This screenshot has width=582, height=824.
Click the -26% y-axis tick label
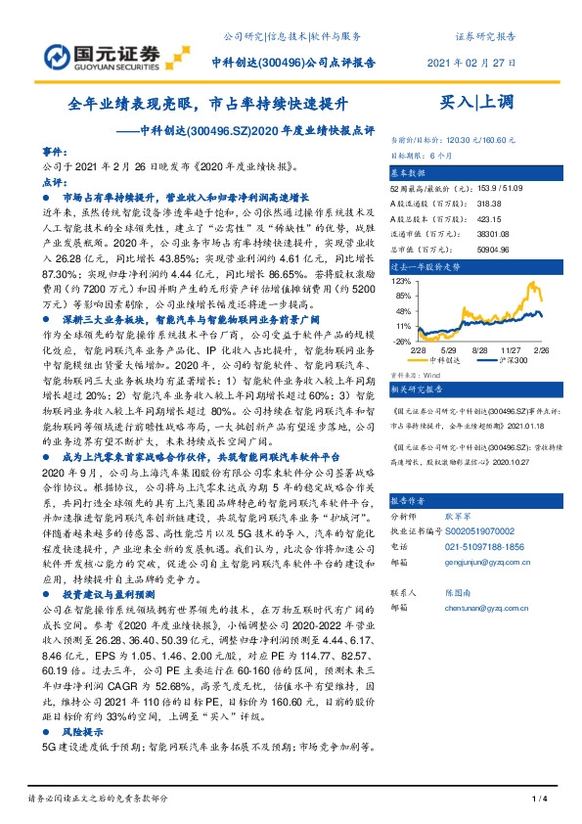pyautogui.click(x=402, y=342)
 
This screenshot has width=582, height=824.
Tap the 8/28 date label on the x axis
pyautogui.click(x=479, y=349)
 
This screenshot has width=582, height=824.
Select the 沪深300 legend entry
pyautogui.click(x=509, y=361)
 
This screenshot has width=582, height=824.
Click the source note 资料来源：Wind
pyautogui.click(x=416, y=374)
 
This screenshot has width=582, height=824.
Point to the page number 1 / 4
pyautogui.click(x=537, y=801)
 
